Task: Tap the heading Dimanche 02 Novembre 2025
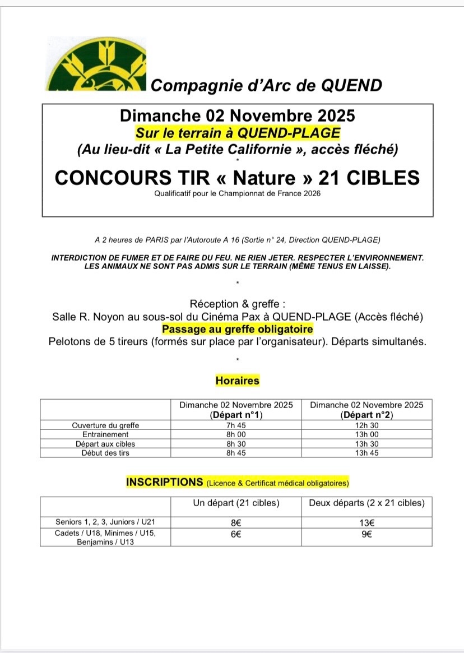click(x=238, y=115)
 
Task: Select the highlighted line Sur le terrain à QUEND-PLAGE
click(x=238, y=133)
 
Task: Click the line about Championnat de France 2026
click(x=238, y=194)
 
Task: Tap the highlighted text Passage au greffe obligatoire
click(x=238, y=329)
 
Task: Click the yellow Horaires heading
click(x=238, y=381)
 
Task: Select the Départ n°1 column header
click(x=236, y=415)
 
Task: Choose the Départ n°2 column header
click(x=366, y=415)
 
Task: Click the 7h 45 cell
click(x=236, y=425)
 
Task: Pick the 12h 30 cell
click(x=366, y=425)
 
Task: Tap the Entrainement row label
click(x=105, y=434)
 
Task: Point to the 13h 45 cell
click(x=366, y=453)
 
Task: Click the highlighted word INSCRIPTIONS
click(x=165, y=482)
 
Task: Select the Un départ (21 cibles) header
click(x=236, y=503)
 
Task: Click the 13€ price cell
click(x=366, y=522)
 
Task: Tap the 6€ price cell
click(x=236, y=534)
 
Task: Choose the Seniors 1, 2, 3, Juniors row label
click(x=105, y=522)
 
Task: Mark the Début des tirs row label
click(x=105, y=453)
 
